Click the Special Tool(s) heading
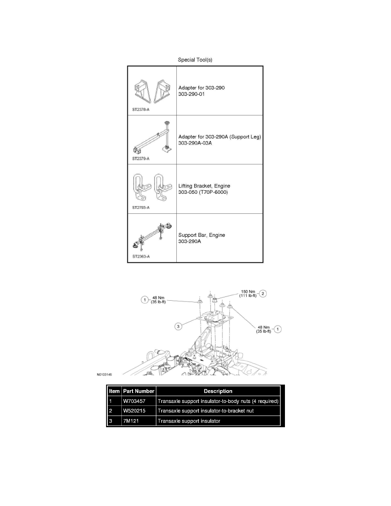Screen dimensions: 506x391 click(195, 60)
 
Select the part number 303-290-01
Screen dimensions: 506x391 click(192, 94)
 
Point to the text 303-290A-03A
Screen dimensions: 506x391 click(195, 143)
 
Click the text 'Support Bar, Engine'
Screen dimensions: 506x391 click(202, 235)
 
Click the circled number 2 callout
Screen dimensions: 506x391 click(264, 293)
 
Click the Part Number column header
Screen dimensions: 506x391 click(138, 391)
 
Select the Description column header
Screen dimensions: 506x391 click(218, 391)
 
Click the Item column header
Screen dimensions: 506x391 click(114, 391)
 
